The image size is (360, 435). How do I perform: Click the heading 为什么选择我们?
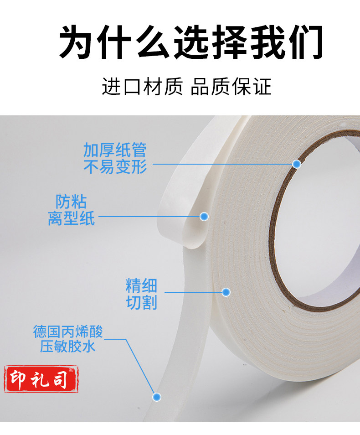[191, 41]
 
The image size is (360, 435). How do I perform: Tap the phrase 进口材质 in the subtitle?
[143, 87]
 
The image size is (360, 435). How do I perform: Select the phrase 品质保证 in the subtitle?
[231, 87]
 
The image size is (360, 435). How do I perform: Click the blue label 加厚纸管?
[115, 150]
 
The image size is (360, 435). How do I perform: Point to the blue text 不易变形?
[115, 167]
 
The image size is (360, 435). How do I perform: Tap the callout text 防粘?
[71, 202]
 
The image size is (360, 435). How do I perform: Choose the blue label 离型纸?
[71, 218]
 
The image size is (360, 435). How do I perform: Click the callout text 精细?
[141, 286]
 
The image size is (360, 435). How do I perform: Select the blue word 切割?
[141, 302]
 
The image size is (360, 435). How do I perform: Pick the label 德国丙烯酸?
[68, 331]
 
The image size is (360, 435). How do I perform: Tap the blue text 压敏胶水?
[68, 347]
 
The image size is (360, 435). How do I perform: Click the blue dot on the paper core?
[297, 164]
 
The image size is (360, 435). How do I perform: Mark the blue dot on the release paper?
[204, 217]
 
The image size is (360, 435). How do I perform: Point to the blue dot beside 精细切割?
[226, 292]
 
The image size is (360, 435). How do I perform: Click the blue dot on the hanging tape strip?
[157, 397]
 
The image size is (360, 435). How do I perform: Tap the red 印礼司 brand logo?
[41, 378]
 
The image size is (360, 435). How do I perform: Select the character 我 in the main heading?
[267, 41]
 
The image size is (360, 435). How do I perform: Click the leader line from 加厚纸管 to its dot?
[222, 164]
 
